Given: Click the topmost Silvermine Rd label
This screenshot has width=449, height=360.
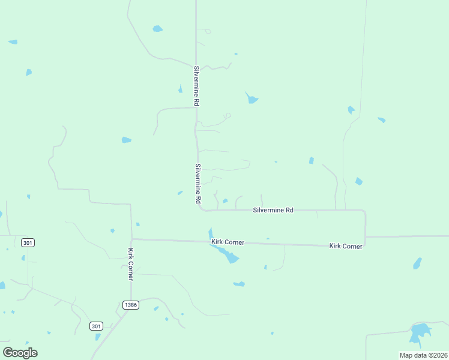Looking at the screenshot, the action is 196,86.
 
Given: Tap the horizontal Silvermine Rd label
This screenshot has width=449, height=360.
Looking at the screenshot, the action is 273,211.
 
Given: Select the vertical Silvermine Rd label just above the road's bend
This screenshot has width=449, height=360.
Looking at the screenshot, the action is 197,184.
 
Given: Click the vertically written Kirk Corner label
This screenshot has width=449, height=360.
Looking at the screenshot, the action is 130,265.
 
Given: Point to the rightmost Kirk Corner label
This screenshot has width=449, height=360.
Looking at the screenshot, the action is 346,247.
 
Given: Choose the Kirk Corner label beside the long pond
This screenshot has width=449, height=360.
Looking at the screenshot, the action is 228,242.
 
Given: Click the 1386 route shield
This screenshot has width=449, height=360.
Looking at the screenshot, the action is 131,305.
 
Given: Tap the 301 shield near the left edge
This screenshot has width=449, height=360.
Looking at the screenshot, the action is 28,242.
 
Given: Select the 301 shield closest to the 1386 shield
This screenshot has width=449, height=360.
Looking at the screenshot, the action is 96,326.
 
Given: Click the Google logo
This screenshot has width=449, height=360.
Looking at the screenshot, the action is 20,352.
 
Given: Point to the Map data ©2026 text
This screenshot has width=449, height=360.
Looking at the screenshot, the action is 423,355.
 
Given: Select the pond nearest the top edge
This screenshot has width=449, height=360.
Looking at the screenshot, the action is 157,28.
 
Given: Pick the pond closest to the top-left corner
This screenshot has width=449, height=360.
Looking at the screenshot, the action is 13,42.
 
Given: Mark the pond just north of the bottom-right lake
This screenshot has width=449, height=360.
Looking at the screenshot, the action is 417,263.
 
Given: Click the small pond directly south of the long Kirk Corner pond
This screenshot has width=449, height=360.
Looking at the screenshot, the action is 239,284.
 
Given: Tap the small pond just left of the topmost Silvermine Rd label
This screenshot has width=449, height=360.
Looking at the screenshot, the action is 180,89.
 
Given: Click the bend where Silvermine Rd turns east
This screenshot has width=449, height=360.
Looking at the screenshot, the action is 202,209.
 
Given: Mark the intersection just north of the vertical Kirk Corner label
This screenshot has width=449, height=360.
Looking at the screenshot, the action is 131,239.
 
